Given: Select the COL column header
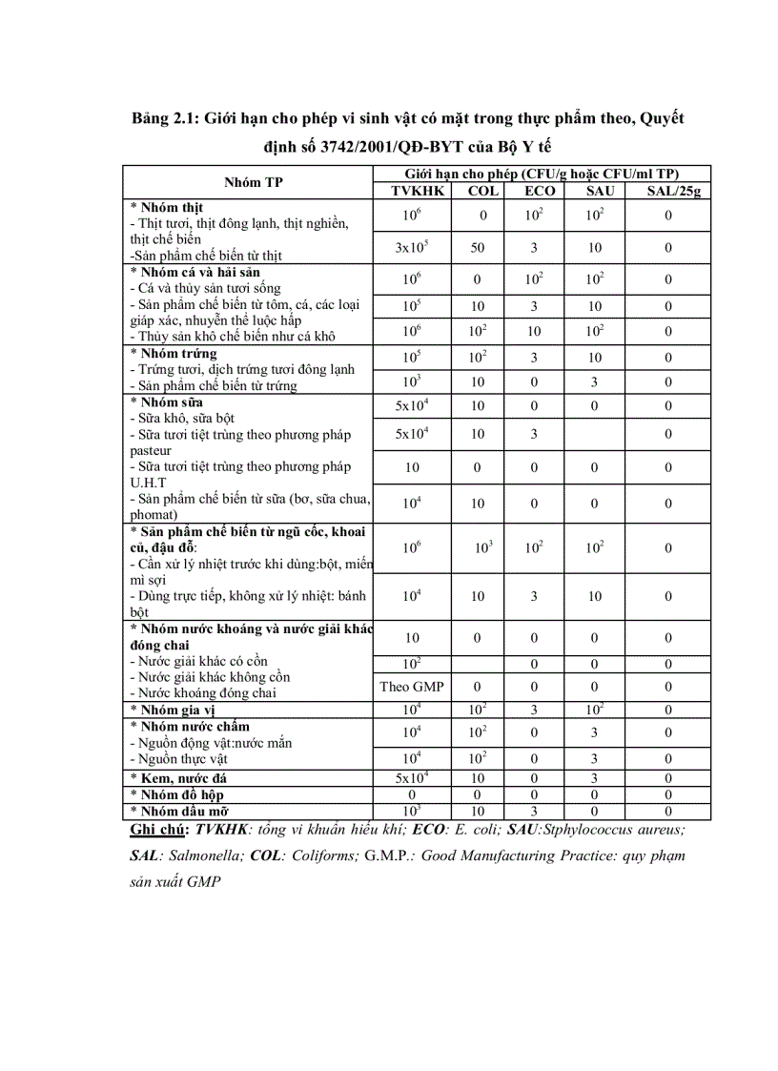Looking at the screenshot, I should (x=482, y=191).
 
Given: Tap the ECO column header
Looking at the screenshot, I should (x=539, y=191).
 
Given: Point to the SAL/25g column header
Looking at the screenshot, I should (x=673, y=191).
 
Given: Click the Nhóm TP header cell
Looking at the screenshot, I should (x=254, y=182).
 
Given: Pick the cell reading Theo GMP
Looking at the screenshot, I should (x=411, y=687).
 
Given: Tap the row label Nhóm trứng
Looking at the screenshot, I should (x=178, y=354).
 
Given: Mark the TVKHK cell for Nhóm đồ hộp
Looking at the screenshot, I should (x=411, y=794).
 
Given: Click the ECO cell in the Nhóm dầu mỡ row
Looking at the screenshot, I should (x=534, y=811).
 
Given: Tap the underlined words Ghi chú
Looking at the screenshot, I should (x=158, y=830).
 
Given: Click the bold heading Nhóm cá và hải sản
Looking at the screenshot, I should (x=196, y=272).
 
